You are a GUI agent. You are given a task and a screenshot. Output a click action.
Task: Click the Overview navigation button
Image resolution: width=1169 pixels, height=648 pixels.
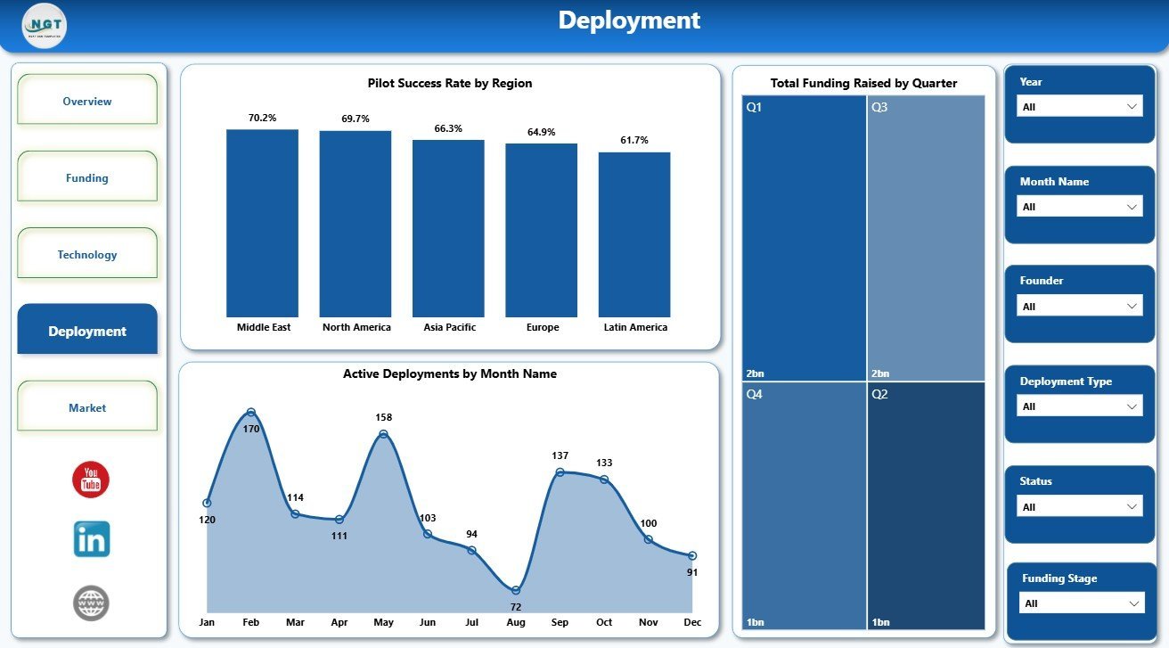87,99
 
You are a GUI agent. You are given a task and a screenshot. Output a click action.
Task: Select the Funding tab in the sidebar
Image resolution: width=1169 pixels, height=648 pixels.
87,176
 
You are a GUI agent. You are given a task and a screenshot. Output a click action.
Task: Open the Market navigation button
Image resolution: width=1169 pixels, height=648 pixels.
87,406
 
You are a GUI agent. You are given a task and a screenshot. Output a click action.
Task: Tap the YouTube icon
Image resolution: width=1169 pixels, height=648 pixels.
91,480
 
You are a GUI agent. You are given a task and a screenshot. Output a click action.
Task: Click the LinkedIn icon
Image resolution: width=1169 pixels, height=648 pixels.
92,539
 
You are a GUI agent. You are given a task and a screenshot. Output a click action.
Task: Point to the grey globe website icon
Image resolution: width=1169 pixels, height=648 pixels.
91,603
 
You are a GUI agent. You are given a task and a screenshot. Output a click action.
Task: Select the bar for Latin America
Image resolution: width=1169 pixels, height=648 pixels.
634,234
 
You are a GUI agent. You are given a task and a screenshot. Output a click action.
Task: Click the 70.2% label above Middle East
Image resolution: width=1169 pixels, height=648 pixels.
262,118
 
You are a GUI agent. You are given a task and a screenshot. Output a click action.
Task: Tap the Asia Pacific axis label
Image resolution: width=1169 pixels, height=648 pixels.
449,327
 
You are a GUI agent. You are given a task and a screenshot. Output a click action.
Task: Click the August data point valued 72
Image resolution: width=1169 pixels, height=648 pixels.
516,590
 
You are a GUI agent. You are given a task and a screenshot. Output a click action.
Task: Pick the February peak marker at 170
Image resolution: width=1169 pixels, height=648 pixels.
251,413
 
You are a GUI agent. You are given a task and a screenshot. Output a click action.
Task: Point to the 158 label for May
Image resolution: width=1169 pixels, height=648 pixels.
383,417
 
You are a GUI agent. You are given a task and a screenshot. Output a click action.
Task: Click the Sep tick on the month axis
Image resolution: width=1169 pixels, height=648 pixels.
560,622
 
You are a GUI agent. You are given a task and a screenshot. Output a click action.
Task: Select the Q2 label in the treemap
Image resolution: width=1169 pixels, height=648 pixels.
879,394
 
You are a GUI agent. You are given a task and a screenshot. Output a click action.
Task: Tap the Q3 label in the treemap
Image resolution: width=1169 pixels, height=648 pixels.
879,107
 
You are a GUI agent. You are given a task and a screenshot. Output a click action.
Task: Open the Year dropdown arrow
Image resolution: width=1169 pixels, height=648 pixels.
1132,107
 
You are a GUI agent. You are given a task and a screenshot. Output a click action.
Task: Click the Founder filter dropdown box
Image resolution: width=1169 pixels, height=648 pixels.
1079,306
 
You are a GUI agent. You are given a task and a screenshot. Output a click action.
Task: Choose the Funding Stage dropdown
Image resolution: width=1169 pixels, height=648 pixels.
1082,603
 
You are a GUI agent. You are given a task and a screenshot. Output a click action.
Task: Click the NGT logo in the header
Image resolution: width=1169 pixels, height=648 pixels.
45,26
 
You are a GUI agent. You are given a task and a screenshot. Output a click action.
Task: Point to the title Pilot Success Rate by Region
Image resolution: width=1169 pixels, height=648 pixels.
450,83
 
